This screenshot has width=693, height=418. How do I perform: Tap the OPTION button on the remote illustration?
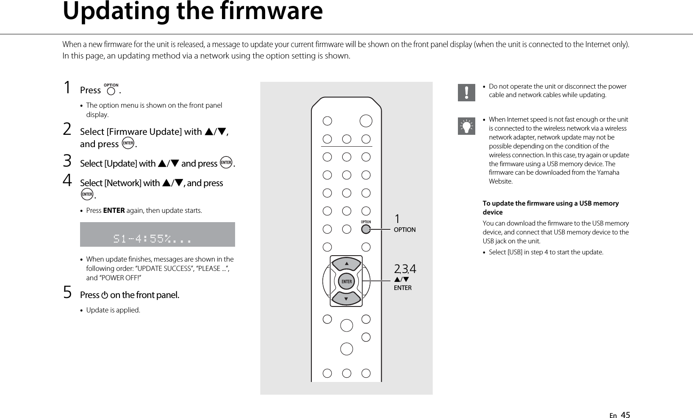[x=366, y=229]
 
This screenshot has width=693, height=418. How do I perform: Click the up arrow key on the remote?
[x=346, y=265]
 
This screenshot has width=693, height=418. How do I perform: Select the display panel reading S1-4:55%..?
[x=157, y=234]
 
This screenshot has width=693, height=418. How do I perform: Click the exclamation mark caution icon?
[x=466, y=92]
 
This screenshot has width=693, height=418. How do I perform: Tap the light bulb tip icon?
[x=466, y=126]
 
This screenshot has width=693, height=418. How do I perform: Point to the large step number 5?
[x=67, y=293]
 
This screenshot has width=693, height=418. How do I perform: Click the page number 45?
[x=625, y=415]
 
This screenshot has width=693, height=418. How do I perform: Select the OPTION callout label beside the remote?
[x=405, y=230]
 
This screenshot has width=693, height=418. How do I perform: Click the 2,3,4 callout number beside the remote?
[x=405, y=269]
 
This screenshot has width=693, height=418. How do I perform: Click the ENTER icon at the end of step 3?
[x=226, y=163]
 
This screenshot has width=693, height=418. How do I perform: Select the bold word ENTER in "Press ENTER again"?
[x=114, y=211]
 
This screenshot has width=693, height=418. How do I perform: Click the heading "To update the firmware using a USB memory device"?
[x=551, y=207]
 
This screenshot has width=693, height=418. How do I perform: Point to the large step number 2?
[x=67, y=129]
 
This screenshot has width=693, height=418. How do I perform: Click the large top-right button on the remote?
[x=366, y=121]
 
